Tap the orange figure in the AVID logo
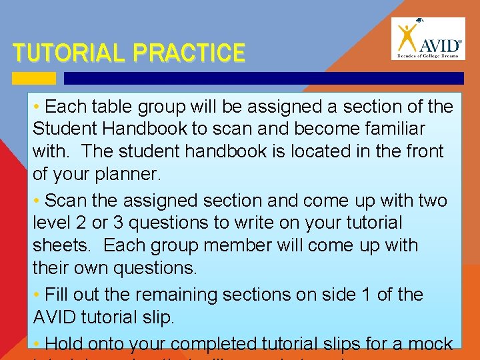click(x=405, y=39)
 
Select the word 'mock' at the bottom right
click(x=429, y=344)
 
